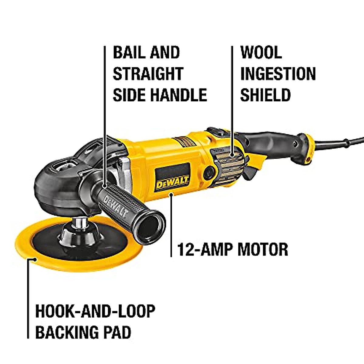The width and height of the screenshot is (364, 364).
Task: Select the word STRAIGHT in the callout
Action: [148, 74]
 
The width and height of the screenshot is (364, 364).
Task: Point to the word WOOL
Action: [261, 52]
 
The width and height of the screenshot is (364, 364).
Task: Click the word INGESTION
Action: [278, 74]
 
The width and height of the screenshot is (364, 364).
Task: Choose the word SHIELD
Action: [265, 95]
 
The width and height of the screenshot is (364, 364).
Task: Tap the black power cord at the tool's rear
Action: [340, 143]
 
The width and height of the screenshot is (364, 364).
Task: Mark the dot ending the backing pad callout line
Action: [35, 259]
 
